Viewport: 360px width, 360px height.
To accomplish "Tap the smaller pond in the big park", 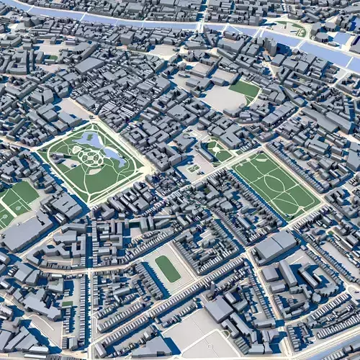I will [x=91, y=139].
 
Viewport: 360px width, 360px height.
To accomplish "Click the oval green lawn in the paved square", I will [x=168, y=269].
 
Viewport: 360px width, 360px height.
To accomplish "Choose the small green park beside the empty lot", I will [x=246, y=89].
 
